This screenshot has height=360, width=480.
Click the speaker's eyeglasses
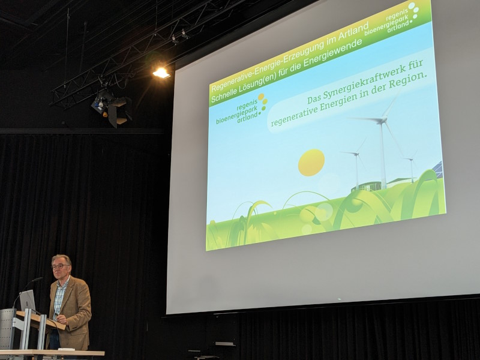click(60, 266)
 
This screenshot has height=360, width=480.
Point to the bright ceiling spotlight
click(161, 73)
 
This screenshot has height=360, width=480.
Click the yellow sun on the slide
click(311, 163)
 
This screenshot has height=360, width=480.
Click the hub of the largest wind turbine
click(381, 121)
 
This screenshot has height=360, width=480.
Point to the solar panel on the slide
click(439, 169)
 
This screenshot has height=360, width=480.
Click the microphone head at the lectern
click(37, 280)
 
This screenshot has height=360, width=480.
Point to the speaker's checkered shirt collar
click(63, 282)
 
